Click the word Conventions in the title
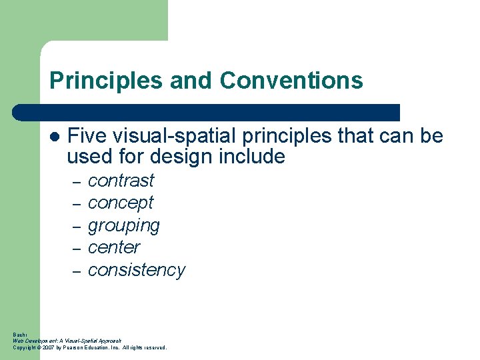tap(291, 81)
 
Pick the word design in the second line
tap(180, 157)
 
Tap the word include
tap(252, 157)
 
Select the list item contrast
tap(121, 181)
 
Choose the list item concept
tap(121, 203)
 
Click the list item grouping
tap(124, 225)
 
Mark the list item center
tap(114, 247)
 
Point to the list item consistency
tap(136, 270)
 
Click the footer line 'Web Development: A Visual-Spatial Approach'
tap(67, 341)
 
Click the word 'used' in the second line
tap(86, 157)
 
